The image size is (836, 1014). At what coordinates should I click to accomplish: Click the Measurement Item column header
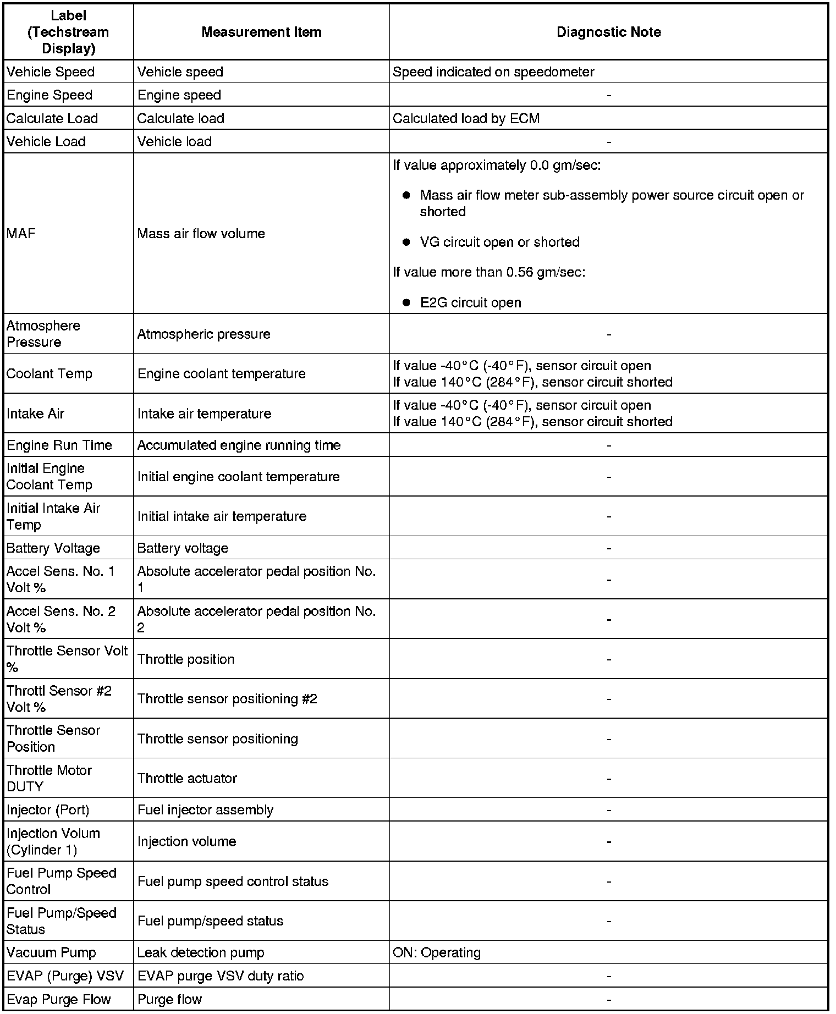[x=261, y=32]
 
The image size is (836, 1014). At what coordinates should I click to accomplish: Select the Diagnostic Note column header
[x=608, y=32]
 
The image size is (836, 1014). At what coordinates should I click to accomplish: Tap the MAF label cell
[x=21, y=234]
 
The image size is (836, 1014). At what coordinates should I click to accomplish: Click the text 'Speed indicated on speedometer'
[x=493, y=72]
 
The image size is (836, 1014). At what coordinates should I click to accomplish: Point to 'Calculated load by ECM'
[x=466, y=119]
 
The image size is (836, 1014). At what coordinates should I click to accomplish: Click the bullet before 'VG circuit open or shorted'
[x=406, y=242]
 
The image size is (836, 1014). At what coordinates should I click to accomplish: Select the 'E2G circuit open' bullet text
[x=470, y=302]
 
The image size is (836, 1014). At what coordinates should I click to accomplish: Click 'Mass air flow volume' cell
[x=201, y=234]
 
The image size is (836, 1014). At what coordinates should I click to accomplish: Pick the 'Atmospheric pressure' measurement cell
[x=204, y=334]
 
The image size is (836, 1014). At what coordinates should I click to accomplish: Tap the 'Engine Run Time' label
[x=59, y=445]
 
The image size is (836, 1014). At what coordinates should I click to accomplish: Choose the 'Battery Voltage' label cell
[x=53, y=548]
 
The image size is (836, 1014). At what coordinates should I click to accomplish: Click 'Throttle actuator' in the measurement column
[x=187, y=778]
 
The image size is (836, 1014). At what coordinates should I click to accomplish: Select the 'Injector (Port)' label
[x=48, y=810]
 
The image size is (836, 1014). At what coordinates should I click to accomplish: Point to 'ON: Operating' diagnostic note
[x=437, y=952]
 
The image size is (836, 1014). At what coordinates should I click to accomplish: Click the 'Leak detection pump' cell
[x=201, y=952]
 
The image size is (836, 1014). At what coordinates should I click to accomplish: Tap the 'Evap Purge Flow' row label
[x=59, y=999]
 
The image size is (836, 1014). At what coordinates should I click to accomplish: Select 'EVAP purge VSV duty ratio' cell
[x=221, y=976]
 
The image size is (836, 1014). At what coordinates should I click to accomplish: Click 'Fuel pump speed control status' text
[x=233, y=881]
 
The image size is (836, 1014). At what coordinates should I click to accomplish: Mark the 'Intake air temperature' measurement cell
[x=204, y=414]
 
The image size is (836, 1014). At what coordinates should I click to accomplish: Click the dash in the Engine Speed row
[x=608, y=96]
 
